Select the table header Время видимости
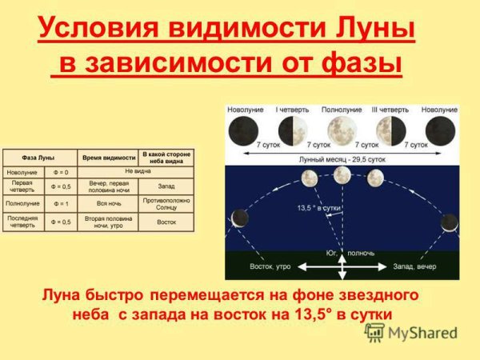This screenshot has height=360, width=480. (107, 156)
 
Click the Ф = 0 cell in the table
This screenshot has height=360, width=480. (59, 172)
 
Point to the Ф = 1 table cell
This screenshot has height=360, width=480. (59, 204)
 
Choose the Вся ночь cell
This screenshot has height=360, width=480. (109, 204)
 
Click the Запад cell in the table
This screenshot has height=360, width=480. (166, 186)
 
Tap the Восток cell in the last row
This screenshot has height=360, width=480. (166, 222)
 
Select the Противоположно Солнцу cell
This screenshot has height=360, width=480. (166, 204)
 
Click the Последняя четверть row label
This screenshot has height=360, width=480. (22, 221)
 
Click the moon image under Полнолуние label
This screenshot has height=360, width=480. (342, 128)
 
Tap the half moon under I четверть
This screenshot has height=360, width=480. (288, 129)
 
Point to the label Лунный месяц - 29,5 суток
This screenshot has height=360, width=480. (342, 160)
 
